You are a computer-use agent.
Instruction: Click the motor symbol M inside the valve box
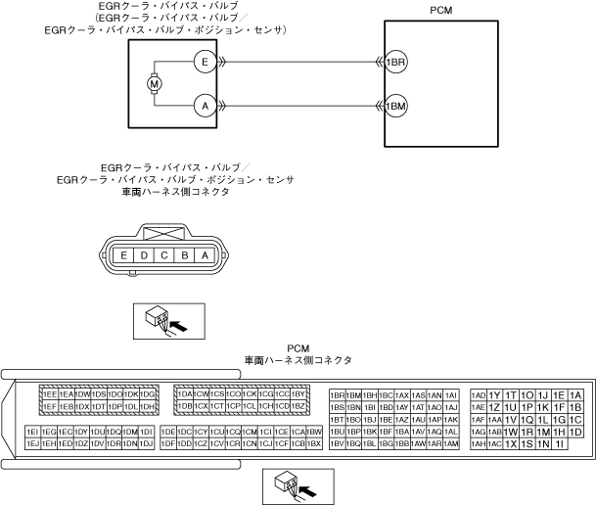(154, 83)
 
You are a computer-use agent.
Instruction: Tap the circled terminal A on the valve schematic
(204, 105)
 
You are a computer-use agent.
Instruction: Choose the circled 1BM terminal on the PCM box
(396, 105)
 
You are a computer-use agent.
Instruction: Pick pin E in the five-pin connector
(124, 255)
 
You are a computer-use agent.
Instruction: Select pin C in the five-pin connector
(163, 255)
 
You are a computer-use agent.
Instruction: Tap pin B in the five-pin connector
(183, 255)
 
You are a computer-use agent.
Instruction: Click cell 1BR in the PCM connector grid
(338, 394)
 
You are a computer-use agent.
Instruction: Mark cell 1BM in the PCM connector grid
(354, 394)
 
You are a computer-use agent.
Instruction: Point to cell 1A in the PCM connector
(575, 394)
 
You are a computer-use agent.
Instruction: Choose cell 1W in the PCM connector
(511, 432)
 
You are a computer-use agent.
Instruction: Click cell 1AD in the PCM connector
(479, 394)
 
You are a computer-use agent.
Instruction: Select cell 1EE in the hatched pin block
(50, 394)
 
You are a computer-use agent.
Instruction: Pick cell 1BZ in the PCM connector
(299, 406)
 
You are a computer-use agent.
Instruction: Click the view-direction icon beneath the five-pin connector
(162, 319)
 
